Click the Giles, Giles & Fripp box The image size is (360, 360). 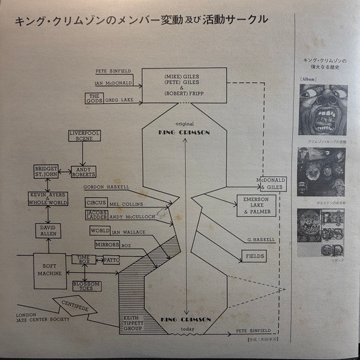[x=187, y=85]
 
